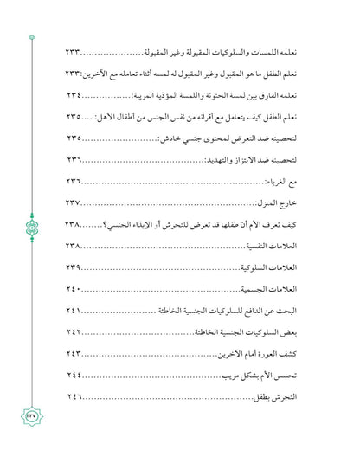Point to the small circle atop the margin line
pos(32,37)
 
